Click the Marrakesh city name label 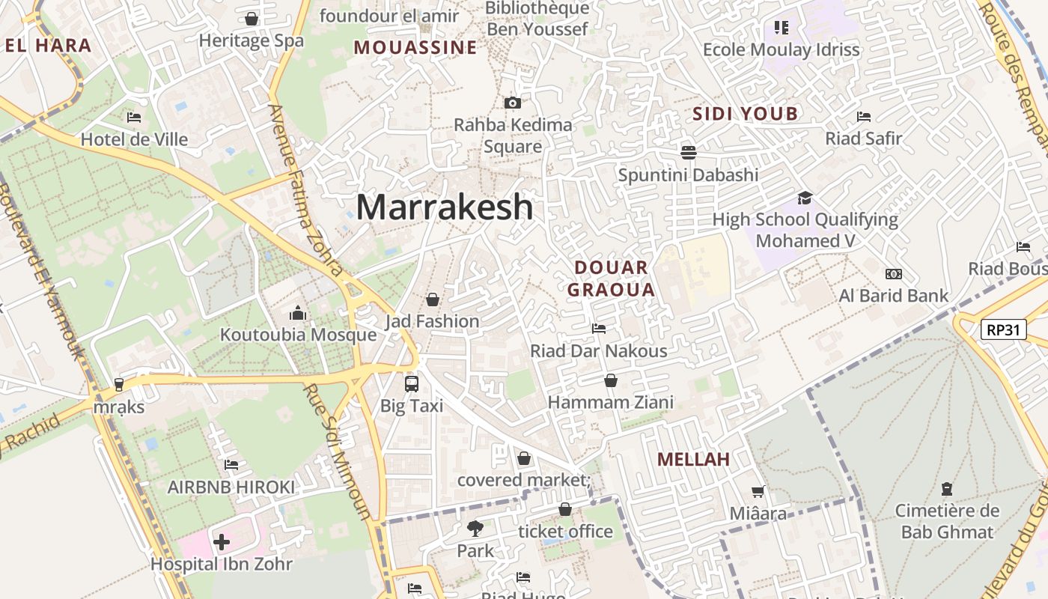click(445, 207)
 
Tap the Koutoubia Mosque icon click(298, 313)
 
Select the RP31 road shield click(1003, 329)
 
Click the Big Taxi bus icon click(412, 384)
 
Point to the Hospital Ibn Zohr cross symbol click(222, 541)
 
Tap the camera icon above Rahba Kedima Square click(513, 103)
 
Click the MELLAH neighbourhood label click(693, 459)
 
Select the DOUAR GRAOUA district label click(611, 279)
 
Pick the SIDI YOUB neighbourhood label click(745, 114)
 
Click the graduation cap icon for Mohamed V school click(805, 198)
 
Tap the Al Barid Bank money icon click(893, 274)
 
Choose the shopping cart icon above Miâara click(758, 492)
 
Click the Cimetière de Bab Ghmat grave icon click(947, 489)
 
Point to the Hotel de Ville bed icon click(134, 117)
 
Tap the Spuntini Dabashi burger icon click(689, 152)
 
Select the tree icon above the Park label click(475, 529)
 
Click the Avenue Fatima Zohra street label click(305, 191)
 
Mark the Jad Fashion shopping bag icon click(432, 299)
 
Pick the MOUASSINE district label click(415, 47)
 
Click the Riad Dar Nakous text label click(599, 350)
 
